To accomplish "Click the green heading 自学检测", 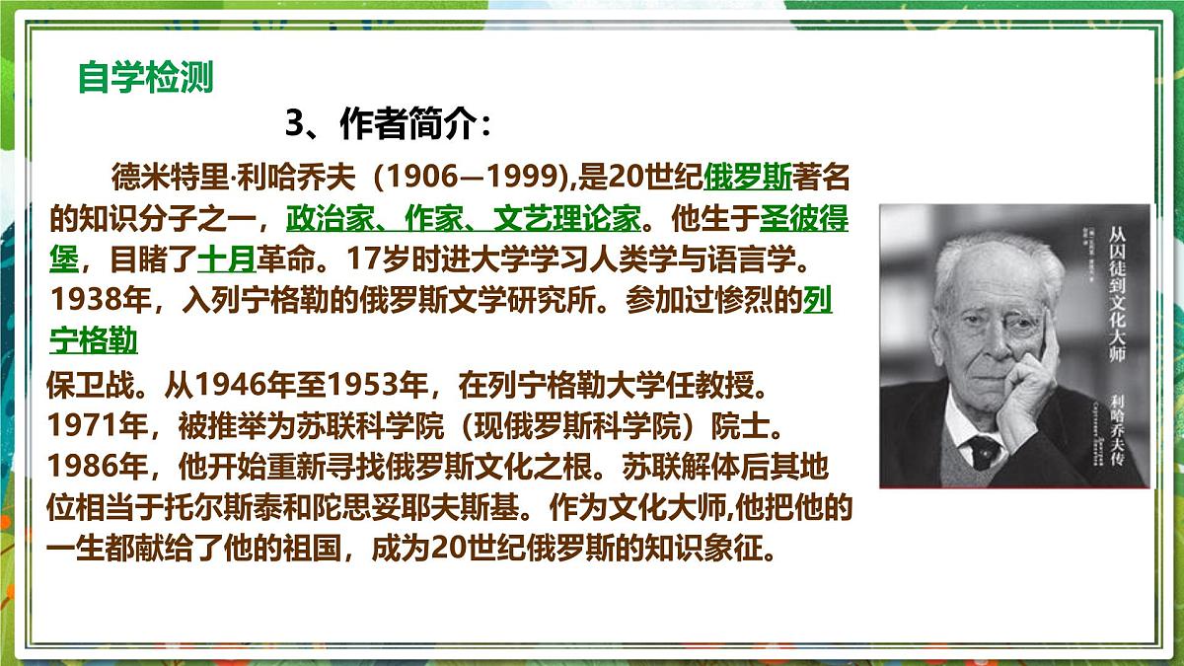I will [x=145, y=77].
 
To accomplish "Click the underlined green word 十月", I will [x=226, y=259].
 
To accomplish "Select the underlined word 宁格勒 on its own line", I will [x=93, y=341].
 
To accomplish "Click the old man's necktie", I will [x=985, y=450].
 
